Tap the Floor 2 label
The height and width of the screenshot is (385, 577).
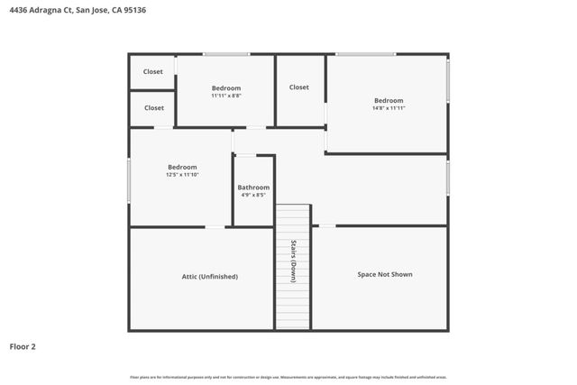23,346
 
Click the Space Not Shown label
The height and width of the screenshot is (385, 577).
385,274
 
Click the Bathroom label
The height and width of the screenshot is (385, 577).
253,188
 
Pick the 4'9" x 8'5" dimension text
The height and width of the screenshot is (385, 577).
253,195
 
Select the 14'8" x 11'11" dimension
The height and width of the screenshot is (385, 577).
389,108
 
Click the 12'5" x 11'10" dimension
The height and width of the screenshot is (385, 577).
182,175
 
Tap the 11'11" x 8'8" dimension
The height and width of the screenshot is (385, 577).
226,96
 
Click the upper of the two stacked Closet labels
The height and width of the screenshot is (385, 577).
153,71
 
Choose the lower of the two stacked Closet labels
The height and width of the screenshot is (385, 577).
154,107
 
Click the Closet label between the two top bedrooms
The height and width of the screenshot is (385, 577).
299,87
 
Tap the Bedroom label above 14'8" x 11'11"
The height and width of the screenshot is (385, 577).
389,100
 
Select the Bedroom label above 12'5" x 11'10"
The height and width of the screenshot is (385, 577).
182,167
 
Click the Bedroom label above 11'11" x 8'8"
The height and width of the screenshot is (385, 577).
226,87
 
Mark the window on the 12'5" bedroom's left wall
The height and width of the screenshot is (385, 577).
129,180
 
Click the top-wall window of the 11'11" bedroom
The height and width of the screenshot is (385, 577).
225,54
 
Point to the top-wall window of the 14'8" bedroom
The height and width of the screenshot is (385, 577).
365,54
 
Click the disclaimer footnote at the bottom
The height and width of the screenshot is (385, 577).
288,377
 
